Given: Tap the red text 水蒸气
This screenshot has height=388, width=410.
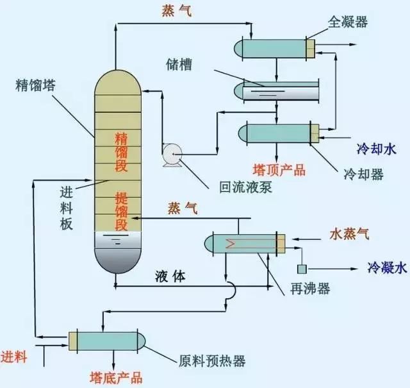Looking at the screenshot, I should [350, 232].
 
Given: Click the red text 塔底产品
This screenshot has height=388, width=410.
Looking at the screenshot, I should [116, 377].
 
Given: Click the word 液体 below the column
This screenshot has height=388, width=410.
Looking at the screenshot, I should [170, 276].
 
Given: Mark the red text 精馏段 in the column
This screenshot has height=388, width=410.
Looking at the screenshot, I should [121, 152].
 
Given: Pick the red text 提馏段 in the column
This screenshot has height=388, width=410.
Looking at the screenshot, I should [121, 210].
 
